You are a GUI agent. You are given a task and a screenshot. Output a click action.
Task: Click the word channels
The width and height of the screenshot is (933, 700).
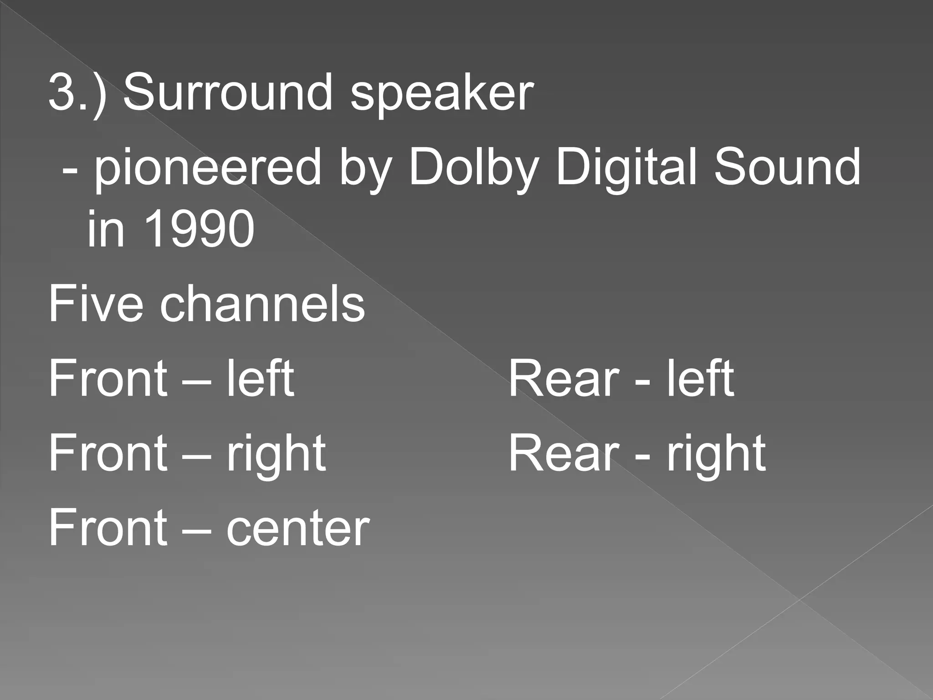[262, 303]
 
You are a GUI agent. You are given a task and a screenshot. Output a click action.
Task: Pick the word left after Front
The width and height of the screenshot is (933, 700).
[260, 378]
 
